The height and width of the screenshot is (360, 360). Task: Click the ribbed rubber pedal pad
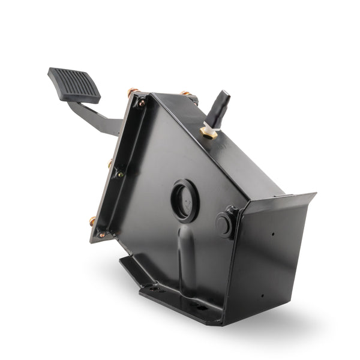74,85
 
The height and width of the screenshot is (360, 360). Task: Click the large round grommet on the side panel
184,200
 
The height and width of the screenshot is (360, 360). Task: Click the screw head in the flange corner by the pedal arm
141,103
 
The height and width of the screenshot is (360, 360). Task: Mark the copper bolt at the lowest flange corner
93,221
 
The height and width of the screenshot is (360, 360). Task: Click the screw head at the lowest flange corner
102,234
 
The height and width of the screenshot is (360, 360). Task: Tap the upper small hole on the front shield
272,234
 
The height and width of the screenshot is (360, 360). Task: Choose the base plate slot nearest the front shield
202,308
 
